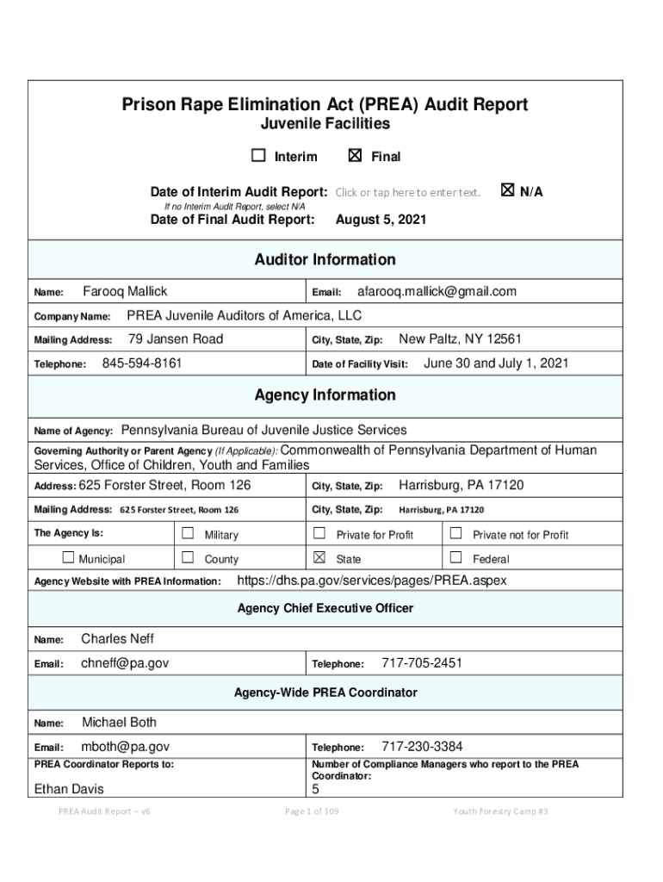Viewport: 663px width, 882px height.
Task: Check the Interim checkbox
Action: (258, 156)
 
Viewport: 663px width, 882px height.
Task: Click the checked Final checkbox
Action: (355, 156)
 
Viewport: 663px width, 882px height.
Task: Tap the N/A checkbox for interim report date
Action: (507, 190)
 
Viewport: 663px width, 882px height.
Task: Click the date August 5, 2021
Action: (381, 220)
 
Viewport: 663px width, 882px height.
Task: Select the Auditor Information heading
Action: (325, 259)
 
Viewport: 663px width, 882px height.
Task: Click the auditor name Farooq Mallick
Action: (125, 291)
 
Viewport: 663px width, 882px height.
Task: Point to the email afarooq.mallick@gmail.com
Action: (437, 291)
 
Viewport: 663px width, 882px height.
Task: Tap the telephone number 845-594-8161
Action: (142, 363)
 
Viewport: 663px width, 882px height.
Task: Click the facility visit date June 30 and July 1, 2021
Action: (496, 363)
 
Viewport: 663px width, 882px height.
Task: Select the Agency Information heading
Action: (325, 395)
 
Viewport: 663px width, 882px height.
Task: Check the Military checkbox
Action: (188, 534)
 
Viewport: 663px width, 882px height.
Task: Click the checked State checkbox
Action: (319, 558)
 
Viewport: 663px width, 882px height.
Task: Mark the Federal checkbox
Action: (456, 558)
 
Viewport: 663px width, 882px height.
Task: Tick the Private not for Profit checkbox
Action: (456, 534)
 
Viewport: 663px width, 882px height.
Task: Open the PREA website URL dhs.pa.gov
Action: (371, 581)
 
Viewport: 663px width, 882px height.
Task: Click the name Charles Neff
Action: (117, 639)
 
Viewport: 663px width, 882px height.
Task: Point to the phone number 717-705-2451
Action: (422, 663)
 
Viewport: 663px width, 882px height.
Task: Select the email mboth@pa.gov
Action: (125, 747)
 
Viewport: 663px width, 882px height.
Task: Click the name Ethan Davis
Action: (68, 789)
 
